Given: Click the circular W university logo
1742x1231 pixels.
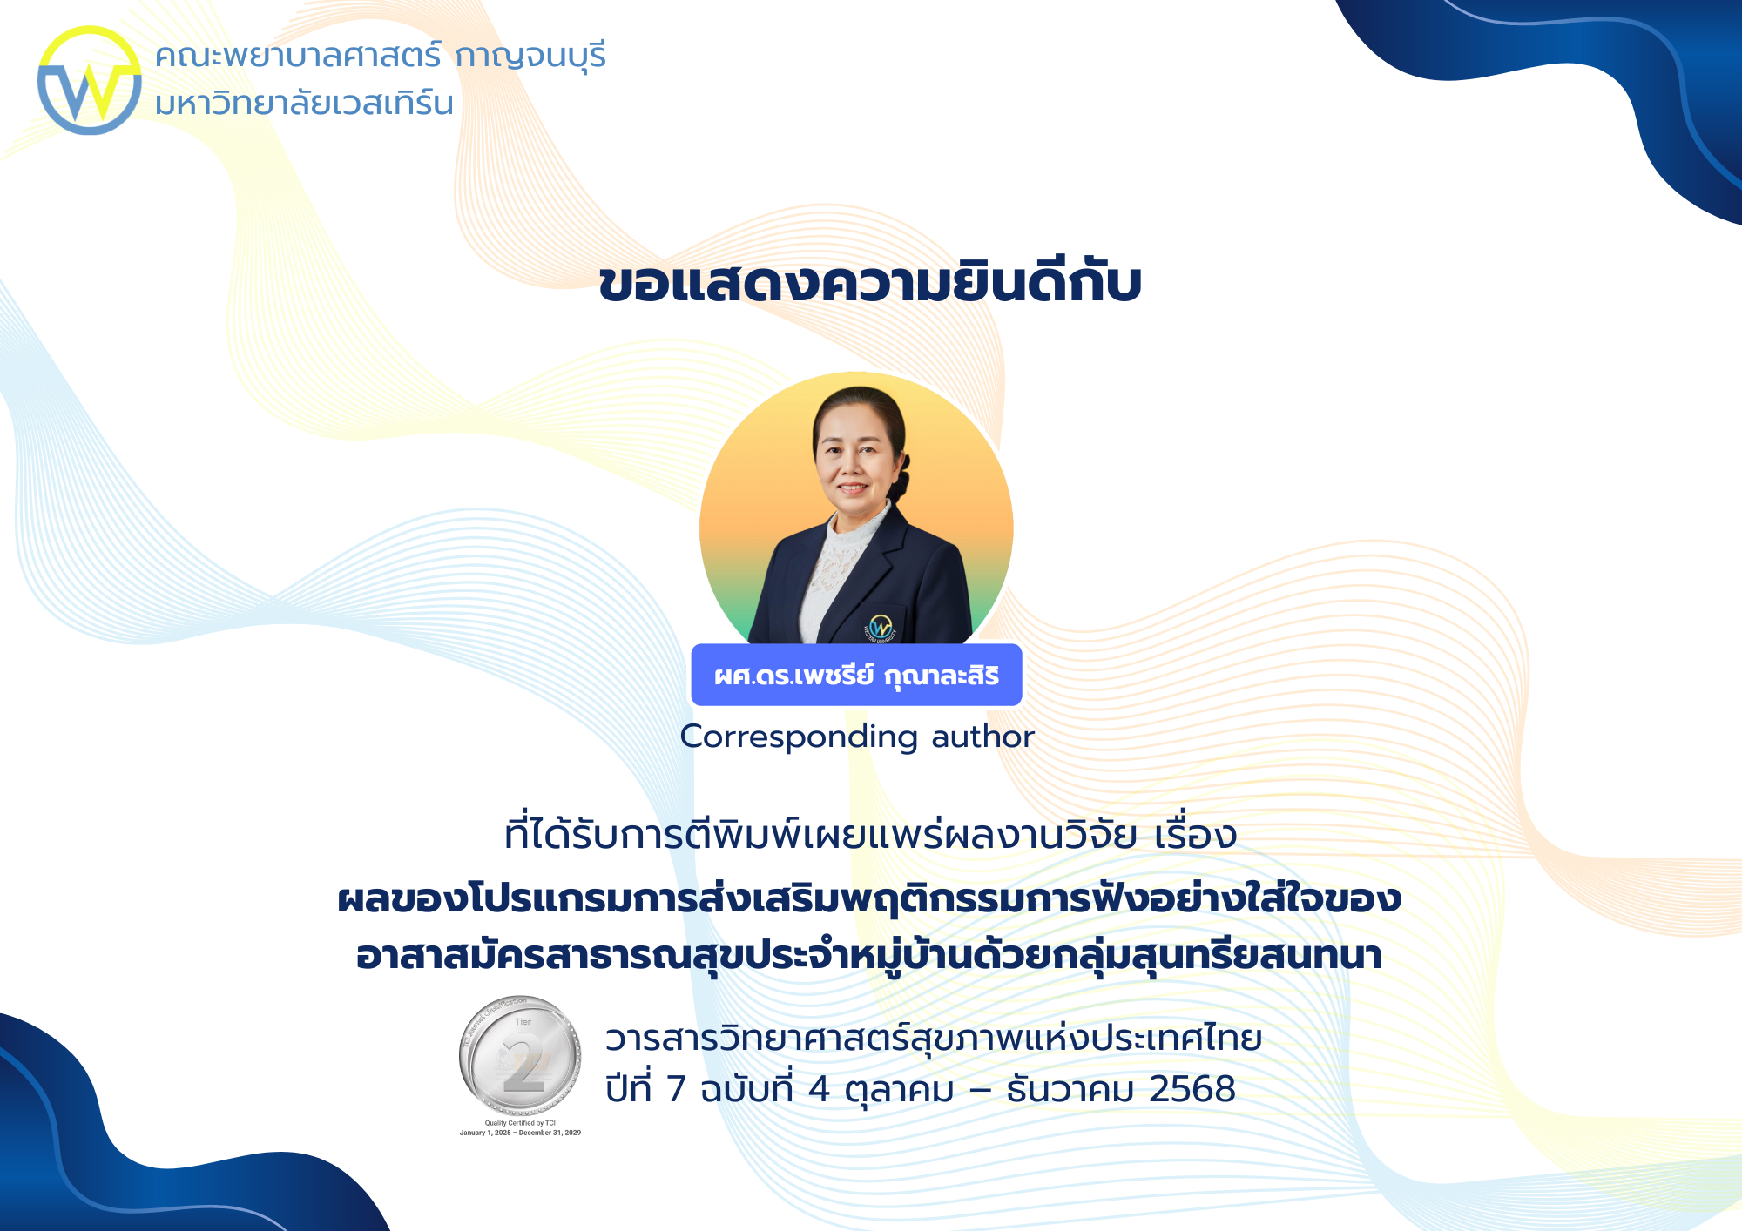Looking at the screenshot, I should pyautogui.click(x=89, y=80).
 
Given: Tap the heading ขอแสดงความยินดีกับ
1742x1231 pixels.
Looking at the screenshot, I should pyautogui.click(x=870, y=283).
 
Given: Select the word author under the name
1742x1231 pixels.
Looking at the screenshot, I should pyautogui.click(x=982, y=737).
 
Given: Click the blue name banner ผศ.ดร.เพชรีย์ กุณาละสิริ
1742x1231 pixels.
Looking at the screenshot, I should pyautogui.click(x=856, y=676).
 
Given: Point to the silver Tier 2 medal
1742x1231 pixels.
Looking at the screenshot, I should pyautogui.click(x=521, y=1055).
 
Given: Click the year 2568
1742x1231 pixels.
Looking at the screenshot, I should pyautogui.click(x=1192, y=1089).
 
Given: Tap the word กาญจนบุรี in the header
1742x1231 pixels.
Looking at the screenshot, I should pyautogui.click(x=530, y=57).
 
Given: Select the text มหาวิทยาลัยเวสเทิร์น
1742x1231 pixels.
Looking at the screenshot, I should pyautogui.click(x=304, y=104).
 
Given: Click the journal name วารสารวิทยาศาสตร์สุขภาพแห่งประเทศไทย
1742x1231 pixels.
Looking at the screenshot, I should pyautogui.click(x=934, y=1039).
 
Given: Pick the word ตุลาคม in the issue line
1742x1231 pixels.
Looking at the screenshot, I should pyautogui.click(x=899, y=1090).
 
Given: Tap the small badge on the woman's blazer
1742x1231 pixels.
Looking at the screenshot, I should pyautogui.click(x=881, y=627).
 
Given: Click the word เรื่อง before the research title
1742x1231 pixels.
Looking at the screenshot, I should pyautogui.click(x=1195, y=836).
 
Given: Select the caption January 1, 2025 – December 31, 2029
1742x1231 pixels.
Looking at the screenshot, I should pyautogui.click(x=520, y=1133).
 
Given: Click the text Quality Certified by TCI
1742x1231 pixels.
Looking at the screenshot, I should pyautogui.click(x=520, y=1123).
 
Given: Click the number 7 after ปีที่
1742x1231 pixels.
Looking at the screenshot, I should pyautogui.click(x=676, y=1090).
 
